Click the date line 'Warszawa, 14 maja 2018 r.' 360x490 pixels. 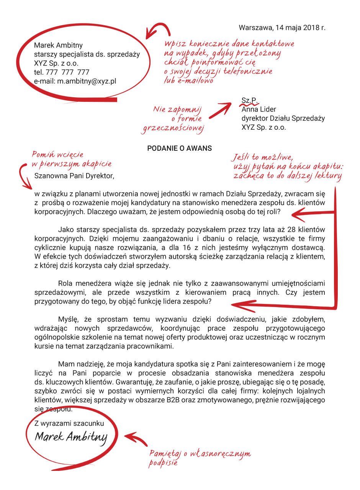[282, 28]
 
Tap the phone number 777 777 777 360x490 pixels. [67, 72]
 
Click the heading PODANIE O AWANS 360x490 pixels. [180, 149]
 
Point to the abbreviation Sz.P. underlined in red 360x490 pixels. [249, 100]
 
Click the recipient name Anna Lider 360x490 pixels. [259, 109]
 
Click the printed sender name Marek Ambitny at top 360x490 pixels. [58, 46]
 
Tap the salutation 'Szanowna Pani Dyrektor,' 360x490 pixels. [74, 176]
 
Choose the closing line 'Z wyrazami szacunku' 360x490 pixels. [69, 423]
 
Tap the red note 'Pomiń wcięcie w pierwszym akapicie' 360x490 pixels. [71, 159]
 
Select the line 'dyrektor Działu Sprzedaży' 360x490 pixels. [283, 118]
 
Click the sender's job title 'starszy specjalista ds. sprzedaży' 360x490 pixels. [87, 54]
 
